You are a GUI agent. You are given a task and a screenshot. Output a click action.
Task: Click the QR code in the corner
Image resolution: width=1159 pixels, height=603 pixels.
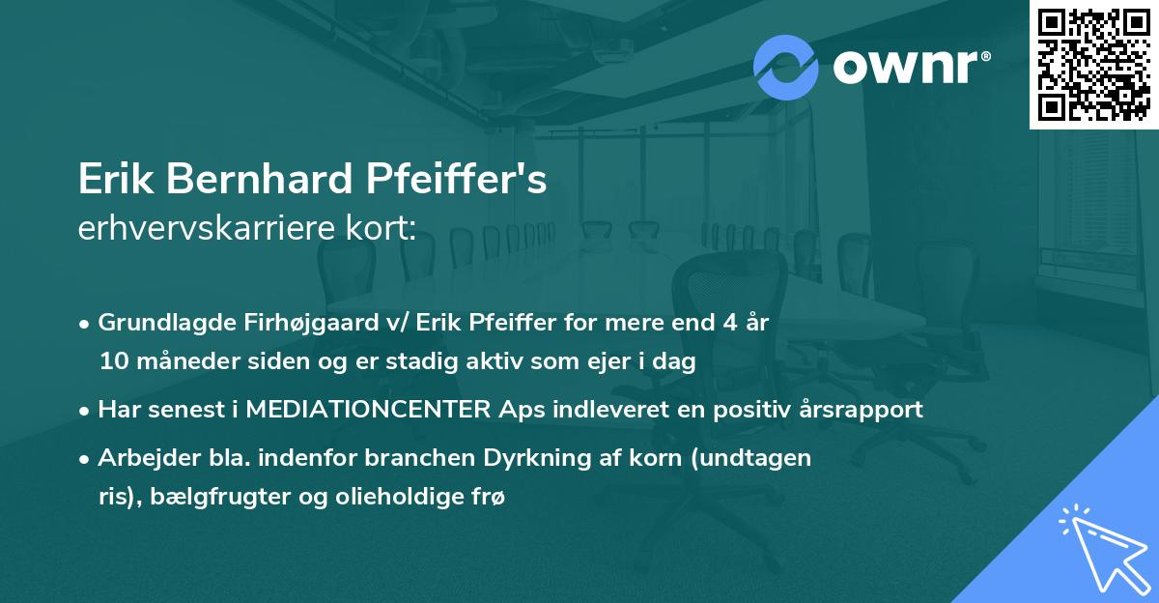coord(1094,64)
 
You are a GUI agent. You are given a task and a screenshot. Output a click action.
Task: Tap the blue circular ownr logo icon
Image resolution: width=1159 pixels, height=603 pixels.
coord(786,68)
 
